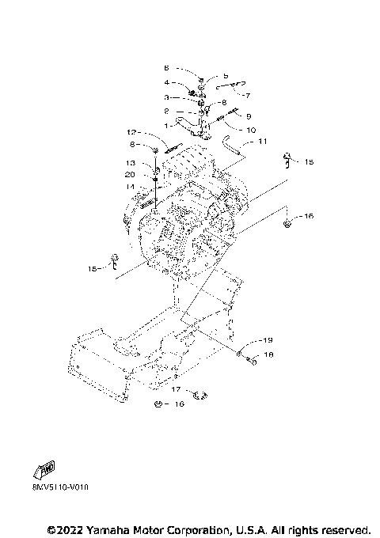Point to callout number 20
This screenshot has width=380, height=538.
(130, 174)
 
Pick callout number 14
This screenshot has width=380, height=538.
(130, 187)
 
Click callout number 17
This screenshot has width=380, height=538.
(177, 389)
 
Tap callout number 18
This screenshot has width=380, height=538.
(268, 355)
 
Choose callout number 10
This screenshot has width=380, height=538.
(251, 129)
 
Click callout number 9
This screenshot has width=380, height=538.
(248, 116)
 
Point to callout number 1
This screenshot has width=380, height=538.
(166, 124)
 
